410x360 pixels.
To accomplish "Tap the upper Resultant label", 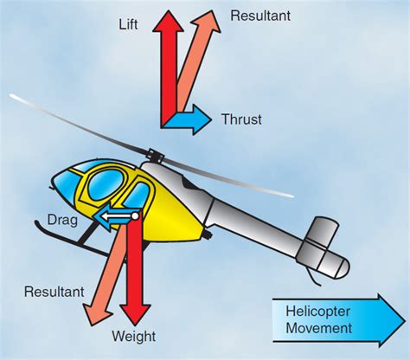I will (259, 16).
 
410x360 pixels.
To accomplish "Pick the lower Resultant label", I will (54, 292).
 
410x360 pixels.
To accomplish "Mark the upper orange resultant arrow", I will (197, 61).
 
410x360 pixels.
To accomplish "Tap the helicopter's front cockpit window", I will (69, 187).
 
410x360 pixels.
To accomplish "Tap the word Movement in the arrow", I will (321, 328).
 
